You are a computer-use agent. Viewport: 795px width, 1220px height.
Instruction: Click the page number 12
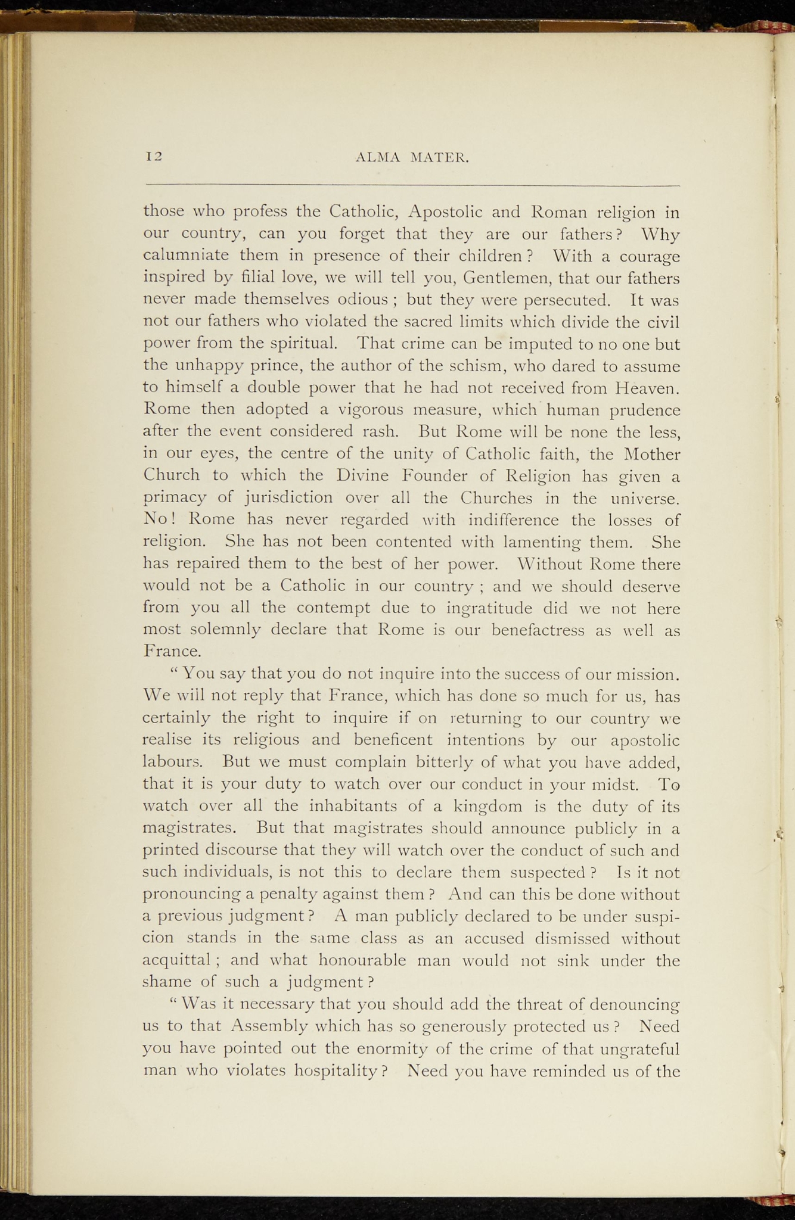pyautogui.click(x=154, y=157)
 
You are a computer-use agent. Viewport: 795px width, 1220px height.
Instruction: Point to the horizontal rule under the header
pyautogui.click(x=412, y=186)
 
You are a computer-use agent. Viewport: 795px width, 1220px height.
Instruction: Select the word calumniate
pyautogui.click(x=187, y=256)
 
